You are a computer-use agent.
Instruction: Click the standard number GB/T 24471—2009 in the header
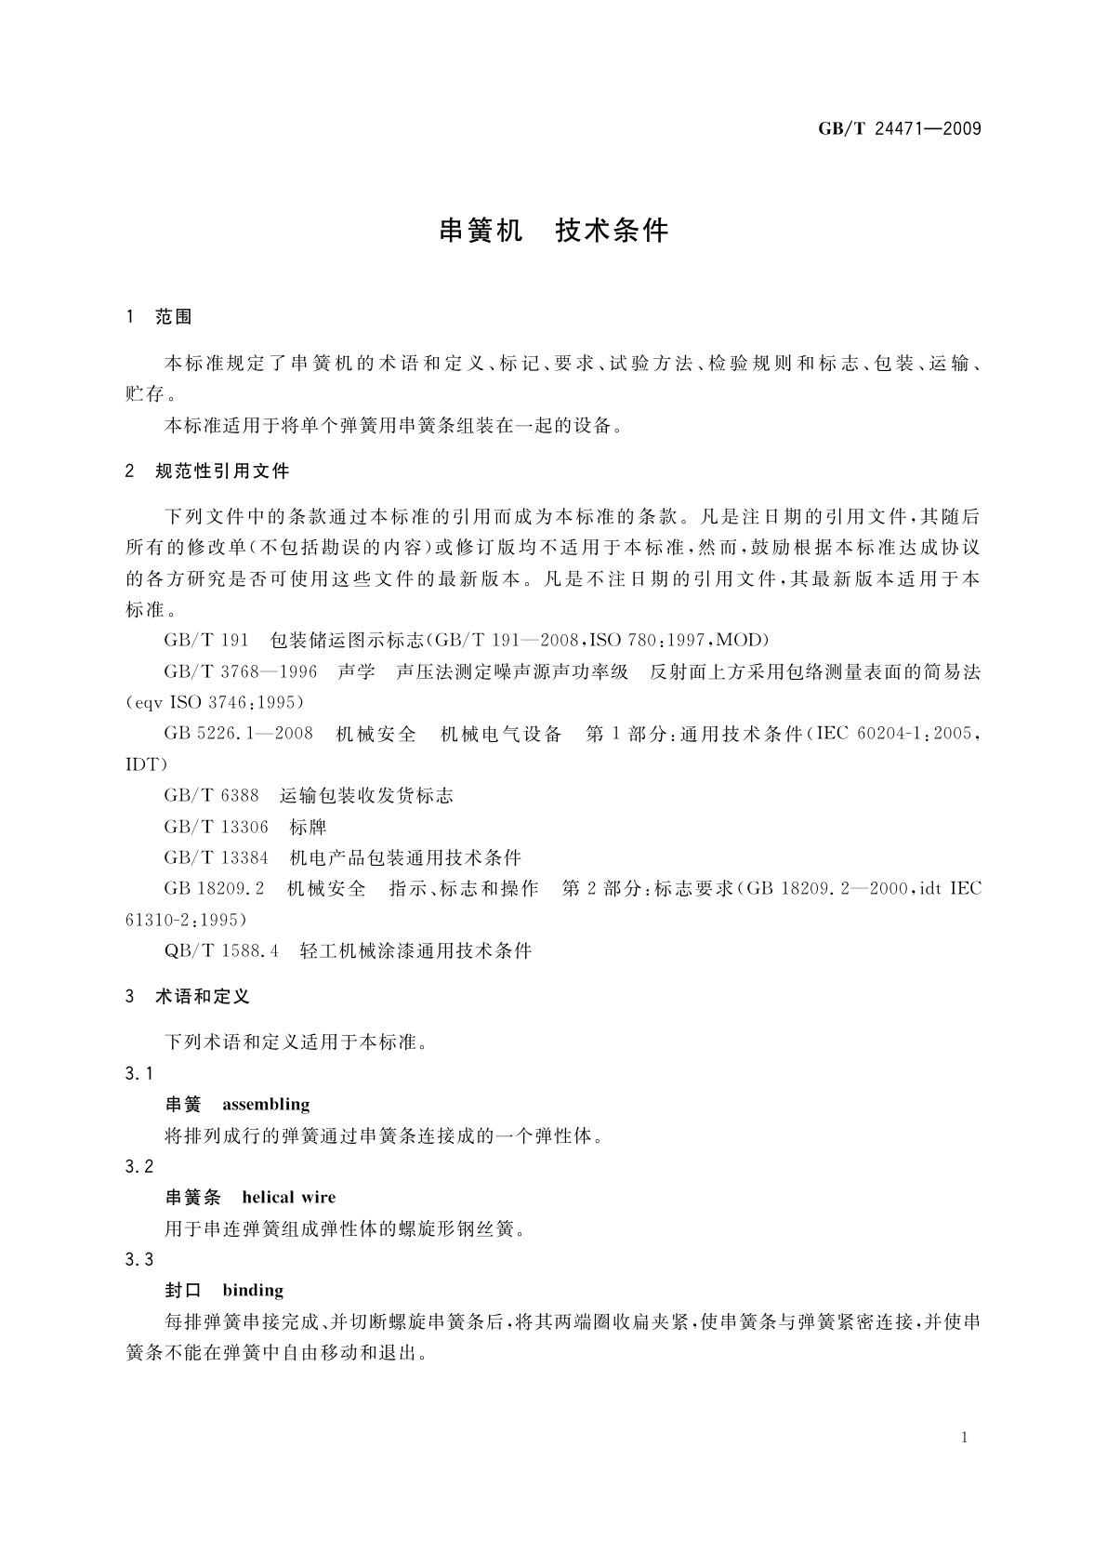pos(899,129)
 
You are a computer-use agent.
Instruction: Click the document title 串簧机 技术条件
pos(553,231)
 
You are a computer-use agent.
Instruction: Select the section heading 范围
pos(174,317)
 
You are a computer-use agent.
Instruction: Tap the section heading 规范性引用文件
pos(223,471)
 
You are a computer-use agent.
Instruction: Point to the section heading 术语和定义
pos(203,997)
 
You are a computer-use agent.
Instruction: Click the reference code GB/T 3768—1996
pos(240,671)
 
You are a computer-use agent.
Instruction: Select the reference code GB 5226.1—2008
pos(238,734)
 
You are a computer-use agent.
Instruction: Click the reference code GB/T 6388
pos(211,796)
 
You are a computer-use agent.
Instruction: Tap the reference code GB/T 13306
pos(216,827)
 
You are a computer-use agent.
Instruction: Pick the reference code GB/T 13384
pos(216,857)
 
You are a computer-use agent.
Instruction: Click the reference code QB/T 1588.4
pos(221,950)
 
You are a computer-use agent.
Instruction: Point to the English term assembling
pos(266,1105)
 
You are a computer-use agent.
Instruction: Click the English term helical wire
pos(288,1198)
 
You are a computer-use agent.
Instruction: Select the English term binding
pos(253,1291)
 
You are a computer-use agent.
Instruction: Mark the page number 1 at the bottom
pos(964,1438)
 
